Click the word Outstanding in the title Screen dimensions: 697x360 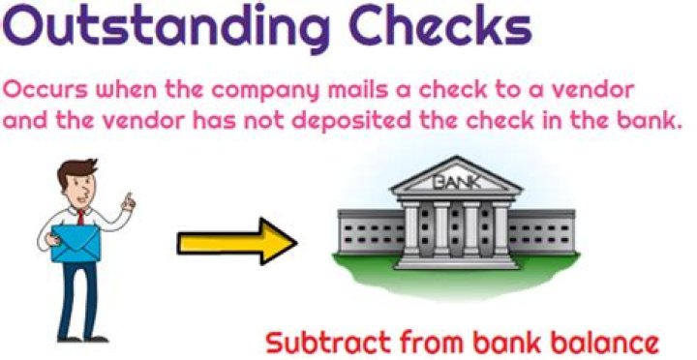166,27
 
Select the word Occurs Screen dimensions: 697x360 45,90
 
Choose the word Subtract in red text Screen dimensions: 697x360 328,343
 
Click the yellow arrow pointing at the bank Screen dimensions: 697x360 237,242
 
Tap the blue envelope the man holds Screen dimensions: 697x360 76,243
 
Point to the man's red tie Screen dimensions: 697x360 81,217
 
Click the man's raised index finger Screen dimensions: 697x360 129,196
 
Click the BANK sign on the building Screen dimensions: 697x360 456,182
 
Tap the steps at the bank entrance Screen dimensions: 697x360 457,262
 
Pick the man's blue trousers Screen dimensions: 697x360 78,299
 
